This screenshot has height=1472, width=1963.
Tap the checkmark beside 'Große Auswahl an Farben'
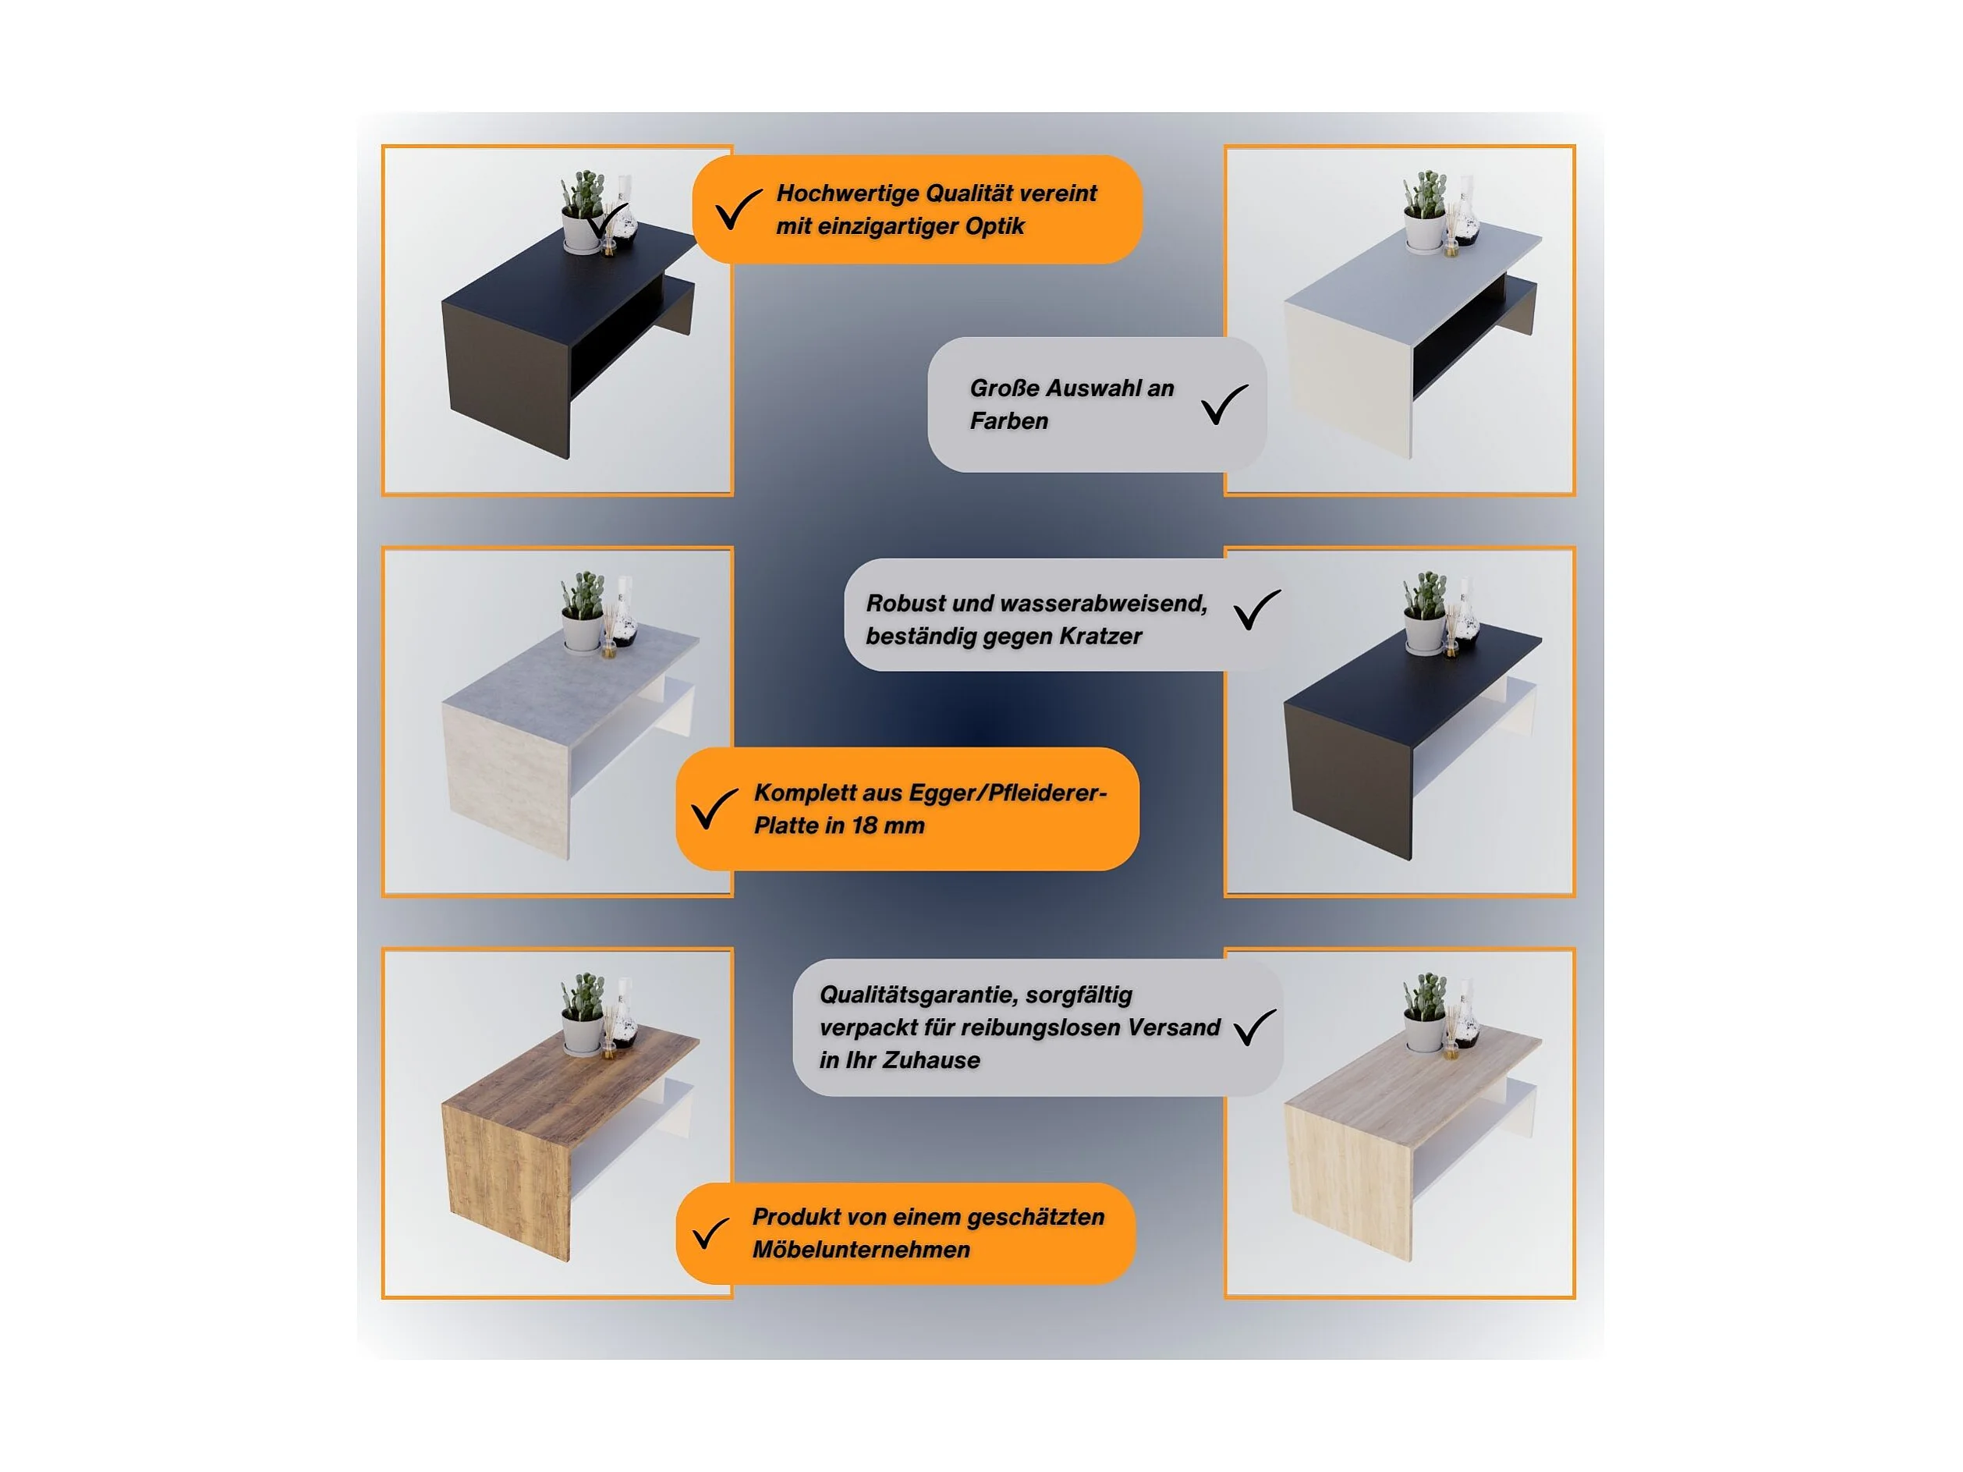(1224, 405)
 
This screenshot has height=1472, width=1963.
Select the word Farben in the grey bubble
(1009, 420)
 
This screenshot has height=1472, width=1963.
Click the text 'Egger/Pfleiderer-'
(1008, 793)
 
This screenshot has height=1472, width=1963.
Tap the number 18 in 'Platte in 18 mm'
(864, 825)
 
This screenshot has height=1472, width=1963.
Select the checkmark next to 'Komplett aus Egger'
(714, 809)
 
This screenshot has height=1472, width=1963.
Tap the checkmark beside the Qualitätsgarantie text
(1255, 1027)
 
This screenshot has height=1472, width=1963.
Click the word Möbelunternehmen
(861, 1250)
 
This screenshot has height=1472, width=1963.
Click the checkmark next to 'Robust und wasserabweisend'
(1256, 610)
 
